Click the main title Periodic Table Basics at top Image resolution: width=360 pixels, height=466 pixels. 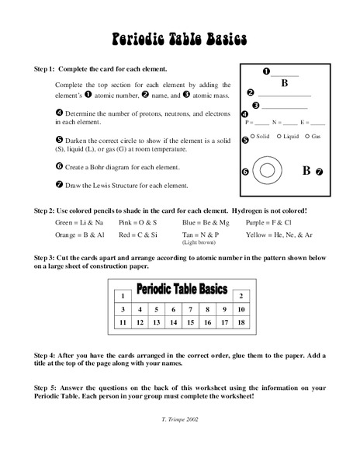point(180,38)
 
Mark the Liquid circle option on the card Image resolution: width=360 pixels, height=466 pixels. point(278,136)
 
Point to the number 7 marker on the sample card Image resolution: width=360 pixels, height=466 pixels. point(319,172)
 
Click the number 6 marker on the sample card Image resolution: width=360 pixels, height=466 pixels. point(245,172)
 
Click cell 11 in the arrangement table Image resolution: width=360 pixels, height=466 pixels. point(122,322)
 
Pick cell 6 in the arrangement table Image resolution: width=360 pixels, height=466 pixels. point(173,309)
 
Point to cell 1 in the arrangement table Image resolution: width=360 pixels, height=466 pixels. point(122,296)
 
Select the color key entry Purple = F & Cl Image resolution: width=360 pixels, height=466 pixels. point(270,222)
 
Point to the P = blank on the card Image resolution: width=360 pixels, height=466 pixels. point(257,123)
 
